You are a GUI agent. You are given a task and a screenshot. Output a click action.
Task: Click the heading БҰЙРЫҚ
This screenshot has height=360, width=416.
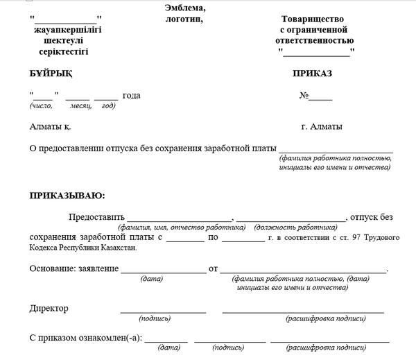click(x=51, y=73)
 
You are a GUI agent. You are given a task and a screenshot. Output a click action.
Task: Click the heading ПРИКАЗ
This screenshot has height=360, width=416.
click(x=313, y=73)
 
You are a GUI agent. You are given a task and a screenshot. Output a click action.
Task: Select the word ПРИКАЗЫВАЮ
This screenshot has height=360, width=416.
click(x=67, y=196)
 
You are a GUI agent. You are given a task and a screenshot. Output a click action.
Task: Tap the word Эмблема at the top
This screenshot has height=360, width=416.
click(x=185, y=8)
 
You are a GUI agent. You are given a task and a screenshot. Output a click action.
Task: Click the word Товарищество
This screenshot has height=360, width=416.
click(x=313, y=19)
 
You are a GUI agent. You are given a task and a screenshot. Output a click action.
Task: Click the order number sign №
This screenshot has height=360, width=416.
click(x=304, y=96)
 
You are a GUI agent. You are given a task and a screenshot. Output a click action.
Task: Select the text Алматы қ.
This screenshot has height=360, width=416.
click(x=51, y=127)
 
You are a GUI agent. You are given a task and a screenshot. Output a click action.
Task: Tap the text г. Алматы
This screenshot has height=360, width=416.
click(x=322, y=127)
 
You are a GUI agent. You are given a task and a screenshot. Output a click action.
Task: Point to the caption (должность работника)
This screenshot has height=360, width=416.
click(x=296, y=227)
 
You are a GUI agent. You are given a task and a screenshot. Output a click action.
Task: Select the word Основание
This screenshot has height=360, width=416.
click(x=52, y=268)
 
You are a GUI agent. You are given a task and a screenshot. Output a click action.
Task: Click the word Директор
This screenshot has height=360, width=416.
click(x=49, y=308)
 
